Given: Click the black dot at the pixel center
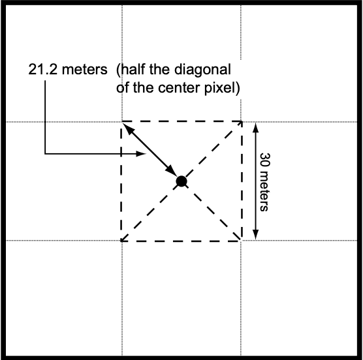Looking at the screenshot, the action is (181, 181).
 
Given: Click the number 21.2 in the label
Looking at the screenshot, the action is (42, 69).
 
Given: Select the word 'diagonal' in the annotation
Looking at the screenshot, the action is (202, 70).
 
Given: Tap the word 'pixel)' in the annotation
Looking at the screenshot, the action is (222, 88).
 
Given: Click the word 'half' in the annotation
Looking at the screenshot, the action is (133, 69).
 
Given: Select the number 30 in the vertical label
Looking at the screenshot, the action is (264, 160).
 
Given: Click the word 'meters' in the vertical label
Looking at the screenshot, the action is (264, 191).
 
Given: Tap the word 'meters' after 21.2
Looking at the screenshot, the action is (85, 70).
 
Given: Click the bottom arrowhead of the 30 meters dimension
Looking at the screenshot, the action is (255, 235).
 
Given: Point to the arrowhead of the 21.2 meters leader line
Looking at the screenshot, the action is (141, 153).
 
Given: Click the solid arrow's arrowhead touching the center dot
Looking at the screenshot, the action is (171, 171).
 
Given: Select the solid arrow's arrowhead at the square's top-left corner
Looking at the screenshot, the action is (128, 128).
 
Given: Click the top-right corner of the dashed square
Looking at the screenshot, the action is (242, 121).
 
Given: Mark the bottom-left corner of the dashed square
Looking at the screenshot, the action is (121, 241).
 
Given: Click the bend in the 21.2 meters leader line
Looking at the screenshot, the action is (45, 153).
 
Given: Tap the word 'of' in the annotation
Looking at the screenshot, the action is (123, 88).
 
